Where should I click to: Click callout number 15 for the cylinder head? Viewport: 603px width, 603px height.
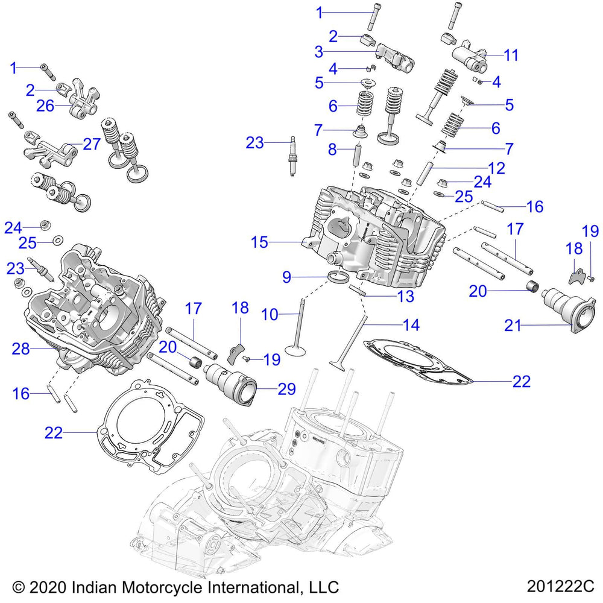point(259,242)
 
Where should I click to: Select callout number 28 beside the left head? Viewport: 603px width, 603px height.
point(21,349)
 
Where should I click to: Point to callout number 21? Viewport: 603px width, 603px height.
point(514,326)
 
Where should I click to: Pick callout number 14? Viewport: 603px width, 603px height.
point(411,325)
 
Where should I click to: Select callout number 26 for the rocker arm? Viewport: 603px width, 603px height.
point(45,106)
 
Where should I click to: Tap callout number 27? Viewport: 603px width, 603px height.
point(91,145)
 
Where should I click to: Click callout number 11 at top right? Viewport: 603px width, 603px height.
point(511,55)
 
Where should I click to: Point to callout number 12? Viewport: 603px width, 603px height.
point(496,168)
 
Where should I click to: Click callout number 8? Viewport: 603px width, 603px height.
point(332,149)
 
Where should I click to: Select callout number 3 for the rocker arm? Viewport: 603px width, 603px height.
point(319,52)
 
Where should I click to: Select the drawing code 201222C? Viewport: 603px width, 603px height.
point(560,587)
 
